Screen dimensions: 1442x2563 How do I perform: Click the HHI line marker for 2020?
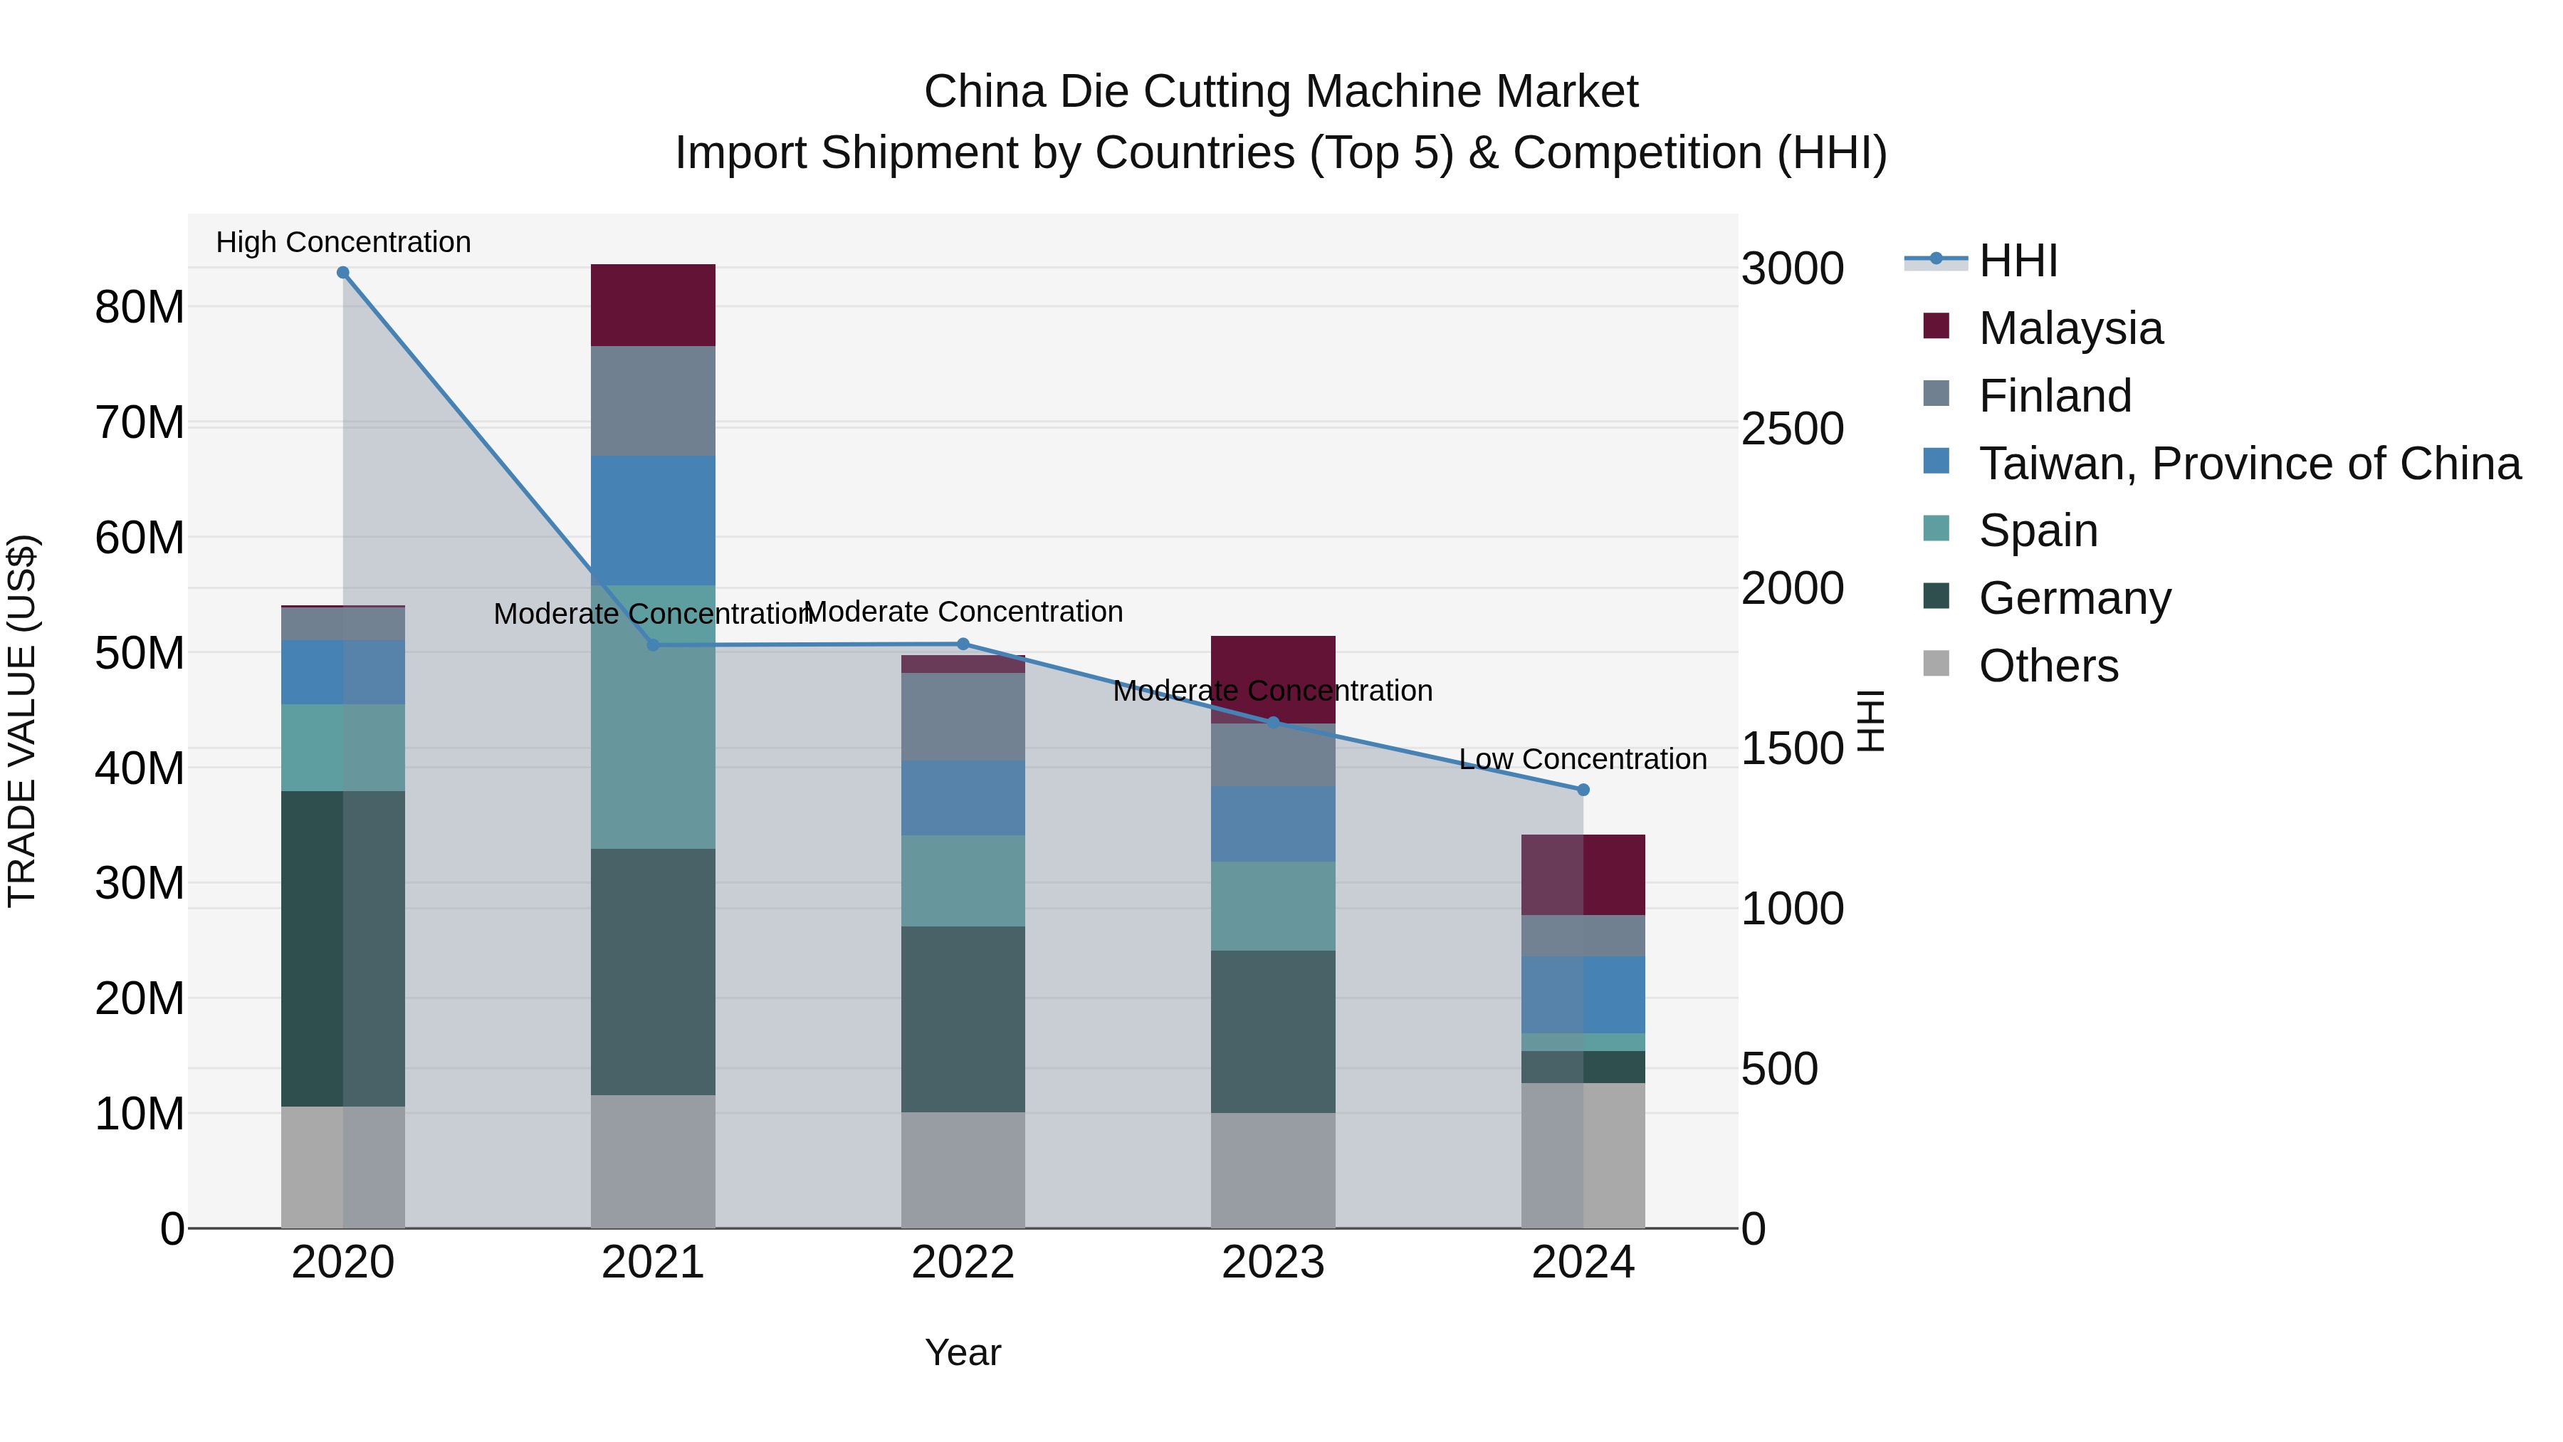click(x=342, y=272)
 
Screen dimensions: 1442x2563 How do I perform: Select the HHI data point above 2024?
click(x=1583, y=789)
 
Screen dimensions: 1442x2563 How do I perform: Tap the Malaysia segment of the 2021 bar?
click(x=653, y=305)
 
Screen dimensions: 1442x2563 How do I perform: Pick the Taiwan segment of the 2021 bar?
click(x=653, y=520)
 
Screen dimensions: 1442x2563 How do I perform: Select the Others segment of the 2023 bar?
click(x=1272, y=1169)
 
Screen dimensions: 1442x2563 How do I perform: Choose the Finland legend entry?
click(x=2055, y=395)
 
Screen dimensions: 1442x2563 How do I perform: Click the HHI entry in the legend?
click(x=2018, y=261)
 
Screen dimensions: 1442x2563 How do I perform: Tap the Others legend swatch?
click(x=1936, y=663)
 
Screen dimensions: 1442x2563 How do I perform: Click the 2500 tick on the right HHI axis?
click(x=1792, y=429)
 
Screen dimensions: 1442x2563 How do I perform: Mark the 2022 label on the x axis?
click(x=962, y=1262)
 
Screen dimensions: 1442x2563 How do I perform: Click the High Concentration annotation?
click(x=343, y=242)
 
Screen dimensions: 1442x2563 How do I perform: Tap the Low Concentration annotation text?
click(x=1582, y=758)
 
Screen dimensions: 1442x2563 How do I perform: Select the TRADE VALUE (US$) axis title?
click(x=22, y=721)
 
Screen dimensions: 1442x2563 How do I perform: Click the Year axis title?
click(x=962, y=1352)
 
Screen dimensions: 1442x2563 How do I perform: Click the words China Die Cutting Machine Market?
click(x=1281, y=92)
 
